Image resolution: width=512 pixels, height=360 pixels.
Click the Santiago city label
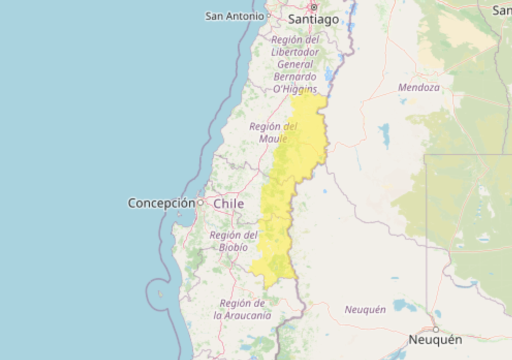click(x=313, y=20)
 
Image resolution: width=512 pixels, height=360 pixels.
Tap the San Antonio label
click(x=234, y=16)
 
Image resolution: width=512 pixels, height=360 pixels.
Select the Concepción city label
click(x=161, y=203)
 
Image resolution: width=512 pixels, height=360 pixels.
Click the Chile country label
click(x=229, y=203)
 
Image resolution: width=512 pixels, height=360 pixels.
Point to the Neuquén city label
click(x=435, y=340)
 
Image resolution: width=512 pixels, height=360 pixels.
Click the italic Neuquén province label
click(x=365, y=310)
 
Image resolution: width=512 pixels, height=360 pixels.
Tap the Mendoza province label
click(x=419, y=87)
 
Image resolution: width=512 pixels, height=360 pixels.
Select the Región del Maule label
click(x=273, y=132)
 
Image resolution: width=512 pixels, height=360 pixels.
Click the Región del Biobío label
click(x=233, y=241)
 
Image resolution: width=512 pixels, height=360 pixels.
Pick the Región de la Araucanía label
click(x=242, y=309)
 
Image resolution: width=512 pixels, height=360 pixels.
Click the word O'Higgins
click(x=295, y=89)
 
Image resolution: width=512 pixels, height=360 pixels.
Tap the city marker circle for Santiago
click(x=314, y=7)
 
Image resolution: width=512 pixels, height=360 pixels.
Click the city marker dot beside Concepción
click(x=200, y=202)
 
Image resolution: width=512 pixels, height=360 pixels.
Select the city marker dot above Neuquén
click(x=435, y=329)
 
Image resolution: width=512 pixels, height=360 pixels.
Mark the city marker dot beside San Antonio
click(x=268, y=16)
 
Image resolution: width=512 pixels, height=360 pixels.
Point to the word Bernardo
click(x=295, y=76)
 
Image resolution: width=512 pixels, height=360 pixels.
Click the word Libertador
click(x=295, y=52)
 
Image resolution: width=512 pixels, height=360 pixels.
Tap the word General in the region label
click(x=295, y=64)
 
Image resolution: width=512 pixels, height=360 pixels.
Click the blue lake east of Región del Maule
click(x=384, y=135)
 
